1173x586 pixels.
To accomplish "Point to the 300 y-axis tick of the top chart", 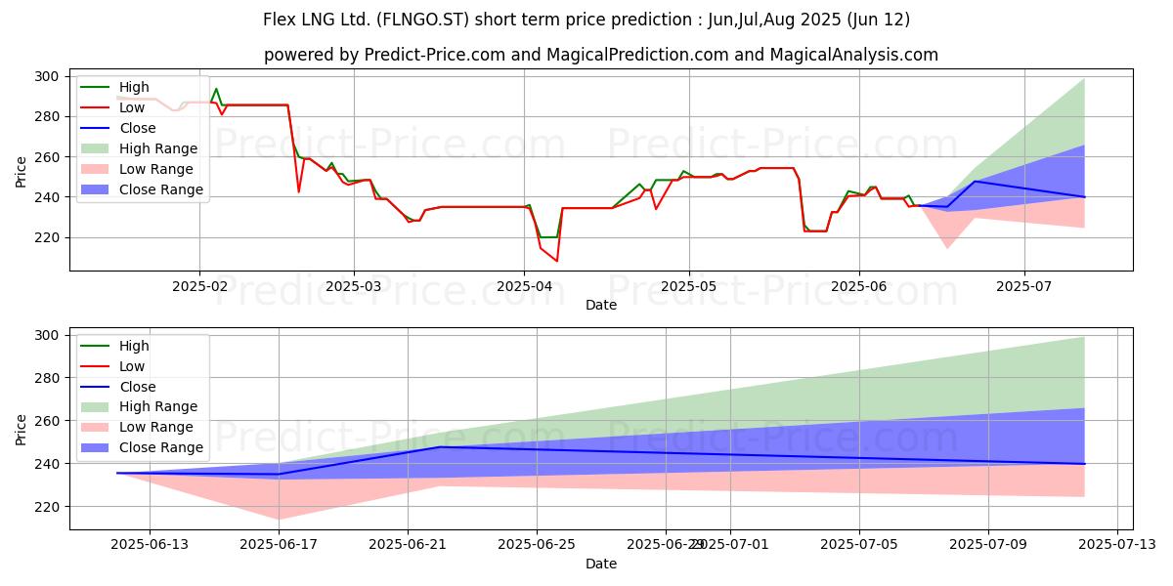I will tap(47, 76).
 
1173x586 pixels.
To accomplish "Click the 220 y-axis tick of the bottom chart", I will tap(47, 507).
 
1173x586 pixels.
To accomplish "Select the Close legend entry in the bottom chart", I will tap(137, 387).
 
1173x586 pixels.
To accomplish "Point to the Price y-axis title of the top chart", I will tap(22, 170).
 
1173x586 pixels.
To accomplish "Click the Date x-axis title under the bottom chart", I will tap(601, 565).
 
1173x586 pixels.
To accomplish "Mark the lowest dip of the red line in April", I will tap(557, 261).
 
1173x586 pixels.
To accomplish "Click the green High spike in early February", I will tap(216, 89).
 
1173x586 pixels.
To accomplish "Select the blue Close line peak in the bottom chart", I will tap(440, 447).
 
